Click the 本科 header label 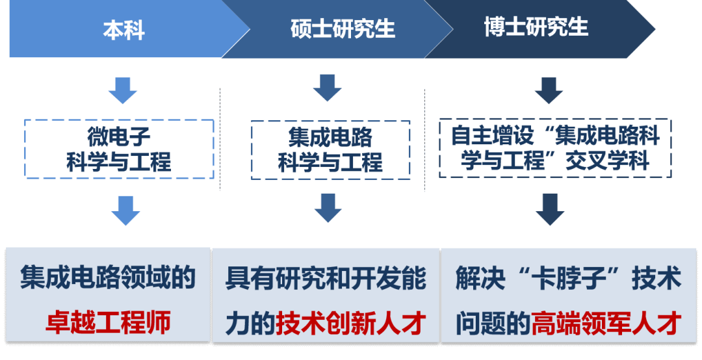coord(123,30)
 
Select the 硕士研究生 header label coord(343,29)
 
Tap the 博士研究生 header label coord(536,27)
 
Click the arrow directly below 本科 coord(122,90)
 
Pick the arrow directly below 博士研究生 coord(549,90)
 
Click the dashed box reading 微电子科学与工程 coord(119,149)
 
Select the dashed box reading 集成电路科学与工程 coord(330,149)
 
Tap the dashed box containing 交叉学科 coord(555,148)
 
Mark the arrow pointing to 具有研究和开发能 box coord(328,207)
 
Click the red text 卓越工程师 coord(108,322)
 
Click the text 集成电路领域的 coord(108,278)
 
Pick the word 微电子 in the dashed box coord(119,136)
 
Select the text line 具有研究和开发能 coord(326,279)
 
